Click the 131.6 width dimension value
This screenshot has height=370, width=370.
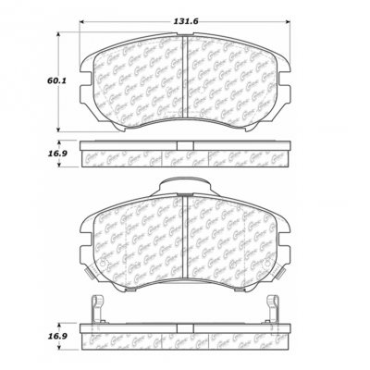tap(185, 11)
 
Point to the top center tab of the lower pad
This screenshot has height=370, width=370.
tap(185, 185)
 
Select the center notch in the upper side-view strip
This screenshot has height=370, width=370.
tap(185, 144)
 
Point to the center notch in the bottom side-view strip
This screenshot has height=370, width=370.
tap(185, 326)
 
